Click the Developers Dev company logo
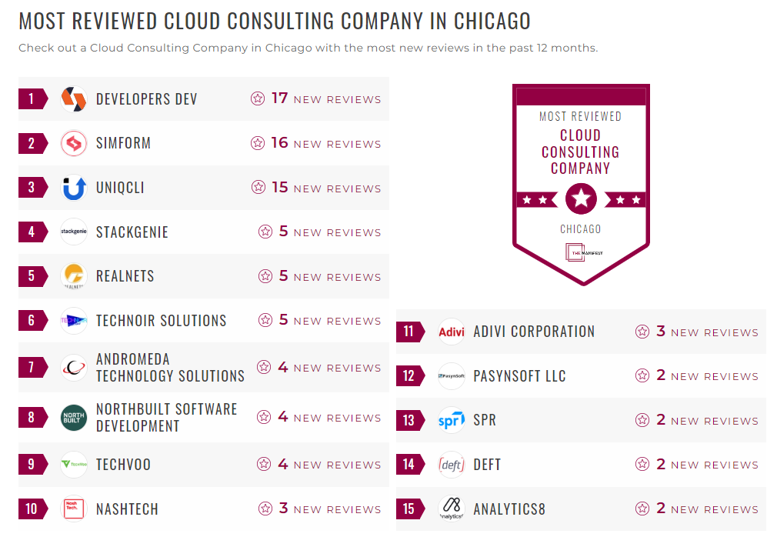click(x=74, y=99)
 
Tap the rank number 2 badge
click(x=32, y=143)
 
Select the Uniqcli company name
click(x=120, y=188)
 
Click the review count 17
click(x=279, y=98)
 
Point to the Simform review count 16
click(x=279, y=143)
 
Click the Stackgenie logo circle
click(x=74, y=232)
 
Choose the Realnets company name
click(x=125, y=276)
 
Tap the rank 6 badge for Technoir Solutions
click(x=32, y=321)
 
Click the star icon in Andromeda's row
click(x=264, y=368)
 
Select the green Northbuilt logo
click(x=74, y=418)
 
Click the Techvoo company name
click(x=123, y=465)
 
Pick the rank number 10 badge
click(x=32, y=509)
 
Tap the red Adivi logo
click(x=452, y=332)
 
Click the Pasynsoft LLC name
click(x=519, y=376)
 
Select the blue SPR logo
click(x=452, y=421)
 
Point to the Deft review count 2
click(x=661, y=465)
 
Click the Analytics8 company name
click(x=509, y=509)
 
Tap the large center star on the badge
click(x=581, y=199)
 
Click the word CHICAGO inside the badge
click(x=581, y=229)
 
